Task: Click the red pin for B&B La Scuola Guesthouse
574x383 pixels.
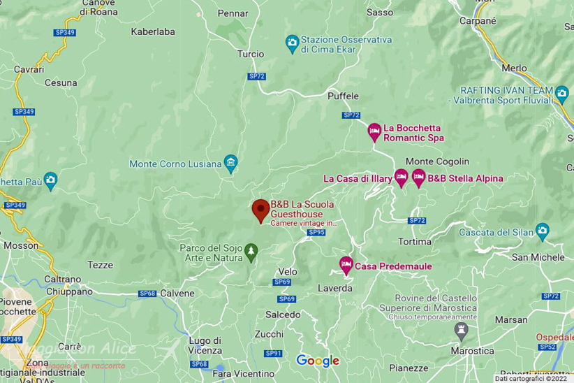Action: (260, 209)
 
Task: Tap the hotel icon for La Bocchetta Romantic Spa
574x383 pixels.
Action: (374, 131)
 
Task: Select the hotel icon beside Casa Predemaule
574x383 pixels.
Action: (345, 265)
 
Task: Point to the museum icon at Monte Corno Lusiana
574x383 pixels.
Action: (230, 164)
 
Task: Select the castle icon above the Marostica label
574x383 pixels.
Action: (460, 328)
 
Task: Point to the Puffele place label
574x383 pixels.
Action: (343, 96)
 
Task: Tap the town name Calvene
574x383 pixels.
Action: (177, 294)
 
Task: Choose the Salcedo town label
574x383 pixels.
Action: (283, 315)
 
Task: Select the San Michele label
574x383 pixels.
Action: (538, 257)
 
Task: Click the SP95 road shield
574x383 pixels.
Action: (316, 232)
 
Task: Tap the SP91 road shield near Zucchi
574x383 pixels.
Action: (273, 354)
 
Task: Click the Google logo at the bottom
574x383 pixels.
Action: (318, 361)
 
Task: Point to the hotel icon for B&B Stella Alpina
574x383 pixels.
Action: (418, 178)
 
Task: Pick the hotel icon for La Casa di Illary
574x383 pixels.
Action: (401, 178)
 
